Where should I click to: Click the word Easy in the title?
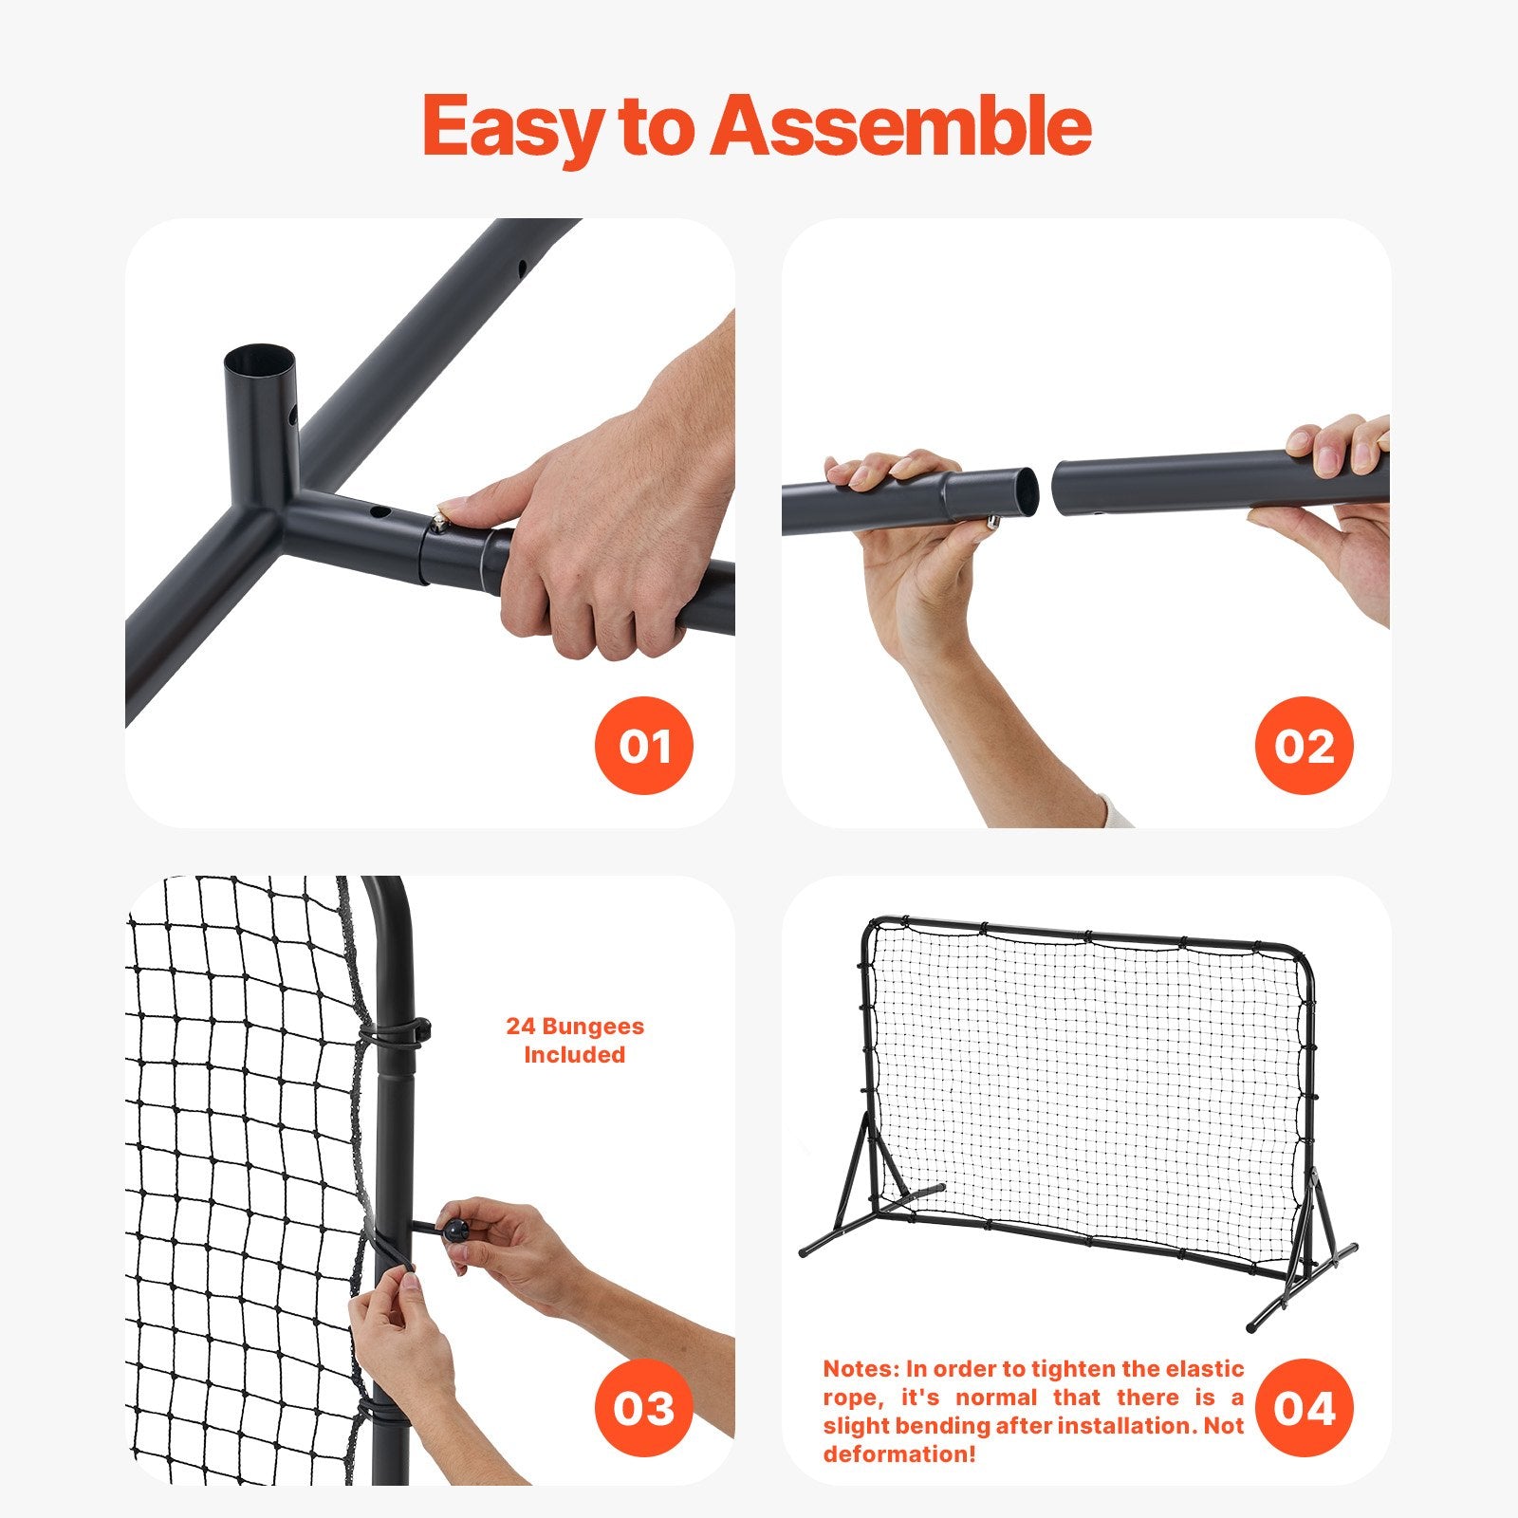tap(512, 126)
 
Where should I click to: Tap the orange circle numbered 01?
tap(644, 746)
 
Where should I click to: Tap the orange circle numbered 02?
tap(1304, 746)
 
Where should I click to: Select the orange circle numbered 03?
tap(644, 1408)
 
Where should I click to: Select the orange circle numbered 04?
tap(1304, 1408)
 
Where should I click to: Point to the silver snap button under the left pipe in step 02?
tap(992, 522)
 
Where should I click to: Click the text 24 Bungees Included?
tap(574, 1040)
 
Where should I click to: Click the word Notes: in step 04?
tap(860, 1368)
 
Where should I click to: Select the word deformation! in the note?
tap(898, 1453)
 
